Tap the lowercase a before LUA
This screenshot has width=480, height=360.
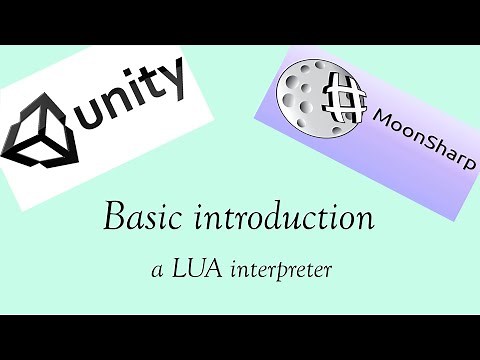click(151, 270)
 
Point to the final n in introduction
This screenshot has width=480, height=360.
click(365, 219)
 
